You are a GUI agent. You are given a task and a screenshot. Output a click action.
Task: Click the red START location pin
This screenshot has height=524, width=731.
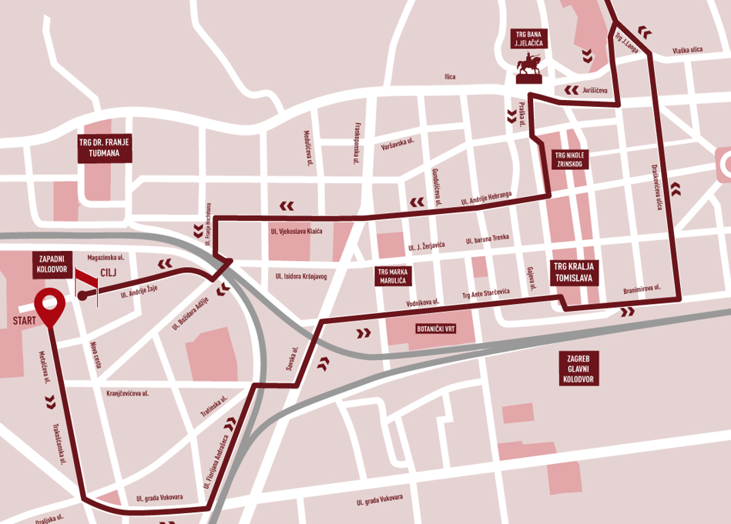click(x=51, y=306)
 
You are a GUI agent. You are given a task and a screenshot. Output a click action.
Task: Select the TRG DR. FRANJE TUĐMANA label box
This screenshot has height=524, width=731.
click(x=106, y=146)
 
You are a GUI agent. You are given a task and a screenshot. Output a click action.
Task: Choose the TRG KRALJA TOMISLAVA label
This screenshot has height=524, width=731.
click(x=573, y=272)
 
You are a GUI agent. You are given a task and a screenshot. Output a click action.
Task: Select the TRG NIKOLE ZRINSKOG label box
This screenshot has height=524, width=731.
click(x=571, y=159)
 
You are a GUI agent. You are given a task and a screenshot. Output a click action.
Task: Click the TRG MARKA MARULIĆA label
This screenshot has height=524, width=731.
click(x=394, y=276)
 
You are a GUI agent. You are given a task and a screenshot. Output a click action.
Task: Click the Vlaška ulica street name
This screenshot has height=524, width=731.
click(x=687, y=49)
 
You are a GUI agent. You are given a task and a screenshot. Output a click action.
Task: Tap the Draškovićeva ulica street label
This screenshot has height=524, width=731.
click(x=657, y=186)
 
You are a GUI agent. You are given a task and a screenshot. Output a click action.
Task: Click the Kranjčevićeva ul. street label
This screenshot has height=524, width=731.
click(x=127, y=393)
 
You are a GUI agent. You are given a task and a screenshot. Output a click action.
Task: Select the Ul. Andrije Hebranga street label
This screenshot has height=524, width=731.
click(x=485, y=197)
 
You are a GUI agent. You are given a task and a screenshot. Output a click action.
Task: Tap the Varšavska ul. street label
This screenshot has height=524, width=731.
click(x=399, y=144)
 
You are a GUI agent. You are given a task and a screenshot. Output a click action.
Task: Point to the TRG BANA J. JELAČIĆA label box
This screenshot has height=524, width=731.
click(x=528, y=40)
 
